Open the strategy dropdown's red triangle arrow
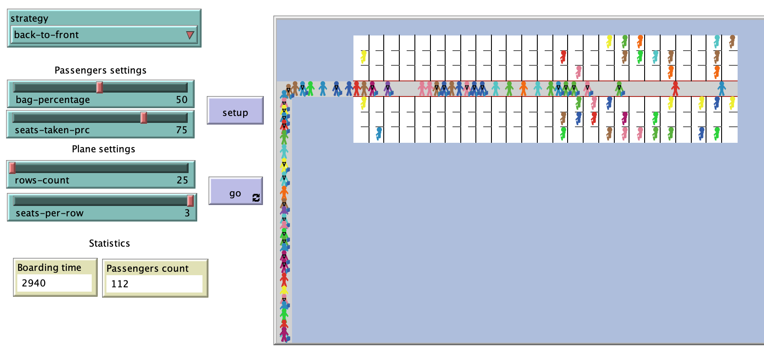[x=189, y=35]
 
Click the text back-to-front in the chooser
[x=46, y=35]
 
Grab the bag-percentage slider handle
[x=100, y=87]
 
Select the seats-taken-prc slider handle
[x=144, y=117]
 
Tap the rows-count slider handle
[x=13, y=167]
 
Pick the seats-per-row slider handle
[x=190, y=200]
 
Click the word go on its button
[x=235, y=193]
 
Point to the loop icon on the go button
[x=256, y=198]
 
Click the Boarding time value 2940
[x=34, y=283]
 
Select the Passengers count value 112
[x=120, y=284]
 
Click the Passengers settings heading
[x=100, y=70]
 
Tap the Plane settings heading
[x=103, y=149]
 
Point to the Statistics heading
[x=109, y=243]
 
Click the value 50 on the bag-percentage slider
[x=182, y=100]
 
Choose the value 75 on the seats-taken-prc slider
[x=182, y=130]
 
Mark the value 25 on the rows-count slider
[x=183, y=180]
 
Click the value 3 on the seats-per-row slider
[x=187, y=213]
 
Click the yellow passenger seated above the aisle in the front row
[x=363, y=57]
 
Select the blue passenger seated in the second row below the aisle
[x=379, y=133]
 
